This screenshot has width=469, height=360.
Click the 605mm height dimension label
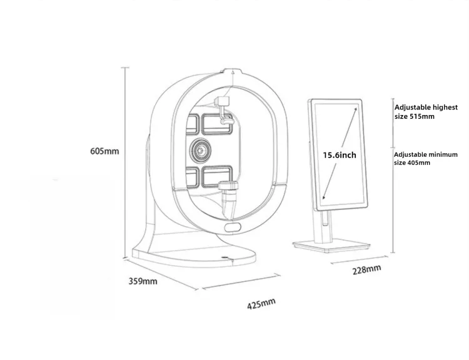104,151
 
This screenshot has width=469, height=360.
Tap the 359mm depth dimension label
143,281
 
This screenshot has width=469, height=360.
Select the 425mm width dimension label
261,304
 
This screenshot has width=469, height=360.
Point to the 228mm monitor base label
366,269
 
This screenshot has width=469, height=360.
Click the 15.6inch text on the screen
340,155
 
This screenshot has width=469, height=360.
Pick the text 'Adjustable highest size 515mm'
426,111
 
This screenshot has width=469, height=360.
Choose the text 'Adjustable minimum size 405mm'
426,159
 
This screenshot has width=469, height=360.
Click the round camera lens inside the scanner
200,149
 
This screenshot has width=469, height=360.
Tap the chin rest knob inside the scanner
228,186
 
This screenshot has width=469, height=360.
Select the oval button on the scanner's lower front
233,227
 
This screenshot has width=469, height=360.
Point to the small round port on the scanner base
224,257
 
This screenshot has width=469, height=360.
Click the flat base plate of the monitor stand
331,246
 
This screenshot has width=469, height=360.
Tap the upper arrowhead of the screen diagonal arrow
355,109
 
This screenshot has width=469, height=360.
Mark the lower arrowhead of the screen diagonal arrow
323,197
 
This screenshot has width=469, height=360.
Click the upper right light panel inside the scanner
217,124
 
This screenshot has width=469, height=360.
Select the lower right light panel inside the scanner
217,176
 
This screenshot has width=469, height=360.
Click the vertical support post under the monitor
323,227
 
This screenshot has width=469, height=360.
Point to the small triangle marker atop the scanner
233,71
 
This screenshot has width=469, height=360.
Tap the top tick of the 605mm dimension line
125,67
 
